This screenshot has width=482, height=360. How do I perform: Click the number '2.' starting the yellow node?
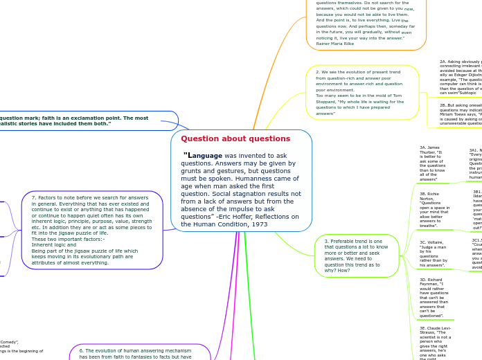coord(318,72)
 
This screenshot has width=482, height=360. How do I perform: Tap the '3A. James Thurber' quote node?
coord(434,163)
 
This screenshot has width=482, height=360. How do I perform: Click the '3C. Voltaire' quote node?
coord(434,253)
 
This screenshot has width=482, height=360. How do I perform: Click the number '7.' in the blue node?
coord(33,198)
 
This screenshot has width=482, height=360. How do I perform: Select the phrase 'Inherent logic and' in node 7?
coord(49,244)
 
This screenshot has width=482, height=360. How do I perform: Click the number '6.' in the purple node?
coord(81,351)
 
